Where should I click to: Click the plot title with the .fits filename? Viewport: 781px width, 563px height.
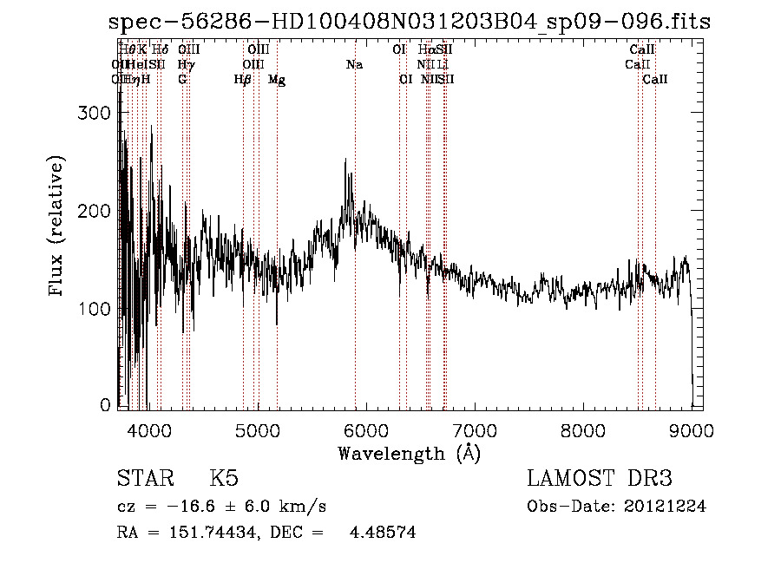click(x=410, y=22)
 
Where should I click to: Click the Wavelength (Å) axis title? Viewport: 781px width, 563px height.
click(x=409, y=453)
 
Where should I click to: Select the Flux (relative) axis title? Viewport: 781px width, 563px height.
click(x=58, y=227)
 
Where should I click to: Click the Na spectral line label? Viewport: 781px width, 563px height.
click(x=354, y=65)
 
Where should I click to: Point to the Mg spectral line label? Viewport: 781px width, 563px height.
click(x=277, y=80)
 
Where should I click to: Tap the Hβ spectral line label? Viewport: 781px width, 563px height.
click(x=243, y=80)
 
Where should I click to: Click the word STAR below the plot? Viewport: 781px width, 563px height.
click(x=145, y=479)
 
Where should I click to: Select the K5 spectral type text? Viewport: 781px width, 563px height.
click(x=223, y=479)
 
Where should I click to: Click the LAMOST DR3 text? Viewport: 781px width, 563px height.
click(x=599, y=479)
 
